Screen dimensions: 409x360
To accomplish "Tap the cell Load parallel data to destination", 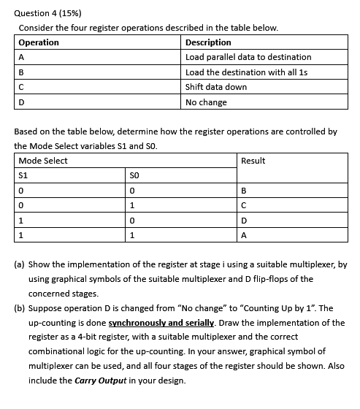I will [248, 57].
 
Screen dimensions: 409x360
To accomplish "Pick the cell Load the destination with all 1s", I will [247, 72].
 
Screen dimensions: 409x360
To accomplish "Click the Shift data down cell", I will [216, 87].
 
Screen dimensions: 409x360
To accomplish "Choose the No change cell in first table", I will [206, 102].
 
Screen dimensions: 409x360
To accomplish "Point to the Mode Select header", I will [43, 161].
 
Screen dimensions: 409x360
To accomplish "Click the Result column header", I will [253, 161].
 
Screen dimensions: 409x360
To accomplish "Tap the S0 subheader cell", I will [134, 175].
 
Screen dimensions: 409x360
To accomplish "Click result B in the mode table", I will [243, 191].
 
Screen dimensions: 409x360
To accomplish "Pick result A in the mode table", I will [243, 236].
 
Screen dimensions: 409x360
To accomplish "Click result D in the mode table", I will [243, 221].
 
